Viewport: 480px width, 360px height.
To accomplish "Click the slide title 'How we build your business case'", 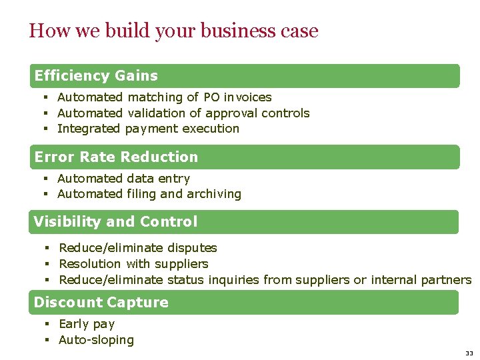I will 173,31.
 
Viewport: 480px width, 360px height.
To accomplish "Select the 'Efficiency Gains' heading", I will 96,76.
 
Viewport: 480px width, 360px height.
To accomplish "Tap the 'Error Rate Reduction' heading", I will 116,157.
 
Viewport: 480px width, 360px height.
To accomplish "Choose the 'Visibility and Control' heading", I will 115,222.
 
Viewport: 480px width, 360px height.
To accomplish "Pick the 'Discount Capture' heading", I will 101,303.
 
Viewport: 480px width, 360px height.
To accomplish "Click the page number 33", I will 469,353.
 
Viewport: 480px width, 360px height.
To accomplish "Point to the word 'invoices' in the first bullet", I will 248,97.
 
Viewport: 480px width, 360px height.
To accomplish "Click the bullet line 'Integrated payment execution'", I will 148,129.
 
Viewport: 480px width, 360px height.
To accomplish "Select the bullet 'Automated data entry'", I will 123,179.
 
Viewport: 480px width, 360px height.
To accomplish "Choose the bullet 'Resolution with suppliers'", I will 133,264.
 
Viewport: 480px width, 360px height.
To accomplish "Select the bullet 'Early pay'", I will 87,324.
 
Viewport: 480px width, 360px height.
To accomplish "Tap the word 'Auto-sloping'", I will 96,340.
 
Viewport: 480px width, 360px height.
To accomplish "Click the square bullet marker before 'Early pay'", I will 48,324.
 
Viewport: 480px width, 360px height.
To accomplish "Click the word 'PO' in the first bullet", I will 211,97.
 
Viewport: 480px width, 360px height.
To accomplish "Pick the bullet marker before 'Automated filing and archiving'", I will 47,194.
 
